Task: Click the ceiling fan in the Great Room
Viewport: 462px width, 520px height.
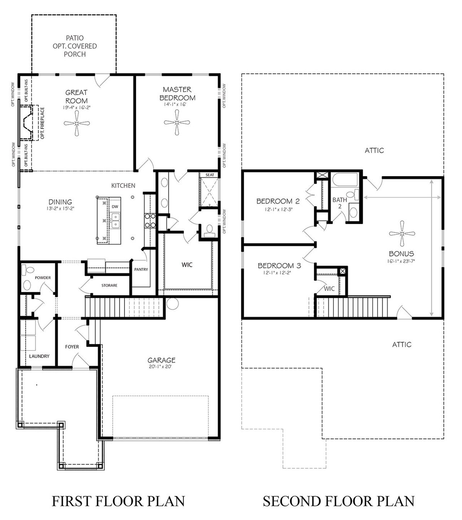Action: (77, 123)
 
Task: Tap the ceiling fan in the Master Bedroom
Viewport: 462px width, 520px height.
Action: (177, 122)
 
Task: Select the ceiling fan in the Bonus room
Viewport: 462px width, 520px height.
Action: (402, 234)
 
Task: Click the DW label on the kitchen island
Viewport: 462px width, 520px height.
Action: (115, 207)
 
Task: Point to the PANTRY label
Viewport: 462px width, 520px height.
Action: (141, 269)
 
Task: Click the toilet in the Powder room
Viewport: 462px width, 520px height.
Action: (28, 270)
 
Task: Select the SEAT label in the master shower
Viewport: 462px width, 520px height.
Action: (210, 175)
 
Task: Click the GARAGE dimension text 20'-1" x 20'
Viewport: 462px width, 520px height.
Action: (160, 367)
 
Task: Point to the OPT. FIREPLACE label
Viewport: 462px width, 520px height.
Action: (42, 123)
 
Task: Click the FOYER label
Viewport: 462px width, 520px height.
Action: (72, 347)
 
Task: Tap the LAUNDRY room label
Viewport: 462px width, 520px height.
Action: (39, 356)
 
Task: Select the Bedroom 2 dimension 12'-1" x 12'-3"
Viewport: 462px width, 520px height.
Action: (279, 209)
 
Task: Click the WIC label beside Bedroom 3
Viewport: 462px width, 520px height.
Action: (329, 289)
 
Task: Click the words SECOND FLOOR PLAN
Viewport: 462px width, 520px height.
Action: (339, 501)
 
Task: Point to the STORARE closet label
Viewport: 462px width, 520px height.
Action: (109, 285)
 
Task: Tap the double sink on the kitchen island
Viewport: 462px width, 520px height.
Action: (115, 221)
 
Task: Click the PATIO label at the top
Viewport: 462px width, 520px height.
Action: (75, 38)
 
